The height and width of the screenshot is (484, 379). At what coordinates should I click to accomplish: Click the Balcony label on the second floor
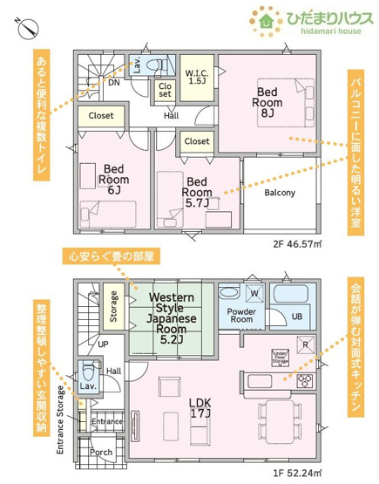[279, 193]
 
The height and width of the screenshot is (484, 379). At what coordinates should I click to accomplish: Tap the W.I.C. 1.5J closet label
[196, 76]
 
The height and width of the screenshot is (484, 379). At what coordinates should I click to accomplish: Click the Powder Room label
[240, 315]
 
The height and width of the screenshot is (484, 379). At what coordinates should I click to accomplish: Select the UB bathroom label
[296, 316]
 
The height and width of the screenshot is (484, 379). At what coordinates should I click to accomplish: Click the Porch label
[102, 453]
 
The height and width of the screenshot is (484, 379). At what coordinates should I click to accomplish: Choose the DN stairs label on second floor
[113, 84]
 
